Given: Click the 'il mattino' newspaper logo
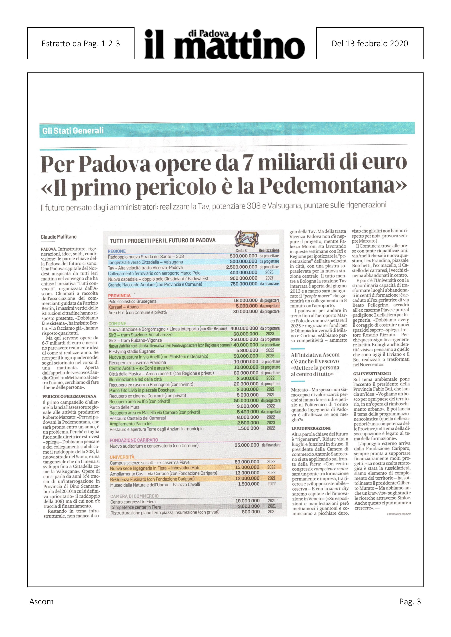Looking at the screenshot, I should [224, 44].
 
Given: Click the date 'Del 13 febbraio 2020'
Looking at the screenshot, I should [370, 44].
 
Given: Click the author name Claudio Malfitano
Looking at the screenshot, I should [59, 237].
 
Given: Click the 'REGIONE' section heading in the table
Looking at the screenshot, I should [117, 251].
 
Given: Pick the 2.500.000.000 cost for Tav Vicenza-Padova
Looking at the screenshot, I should [241, 267].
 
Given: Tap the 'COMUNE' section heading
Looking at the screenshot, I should [117, 324].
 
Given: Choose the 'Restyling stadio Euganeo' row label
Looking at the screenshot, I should [132, 351].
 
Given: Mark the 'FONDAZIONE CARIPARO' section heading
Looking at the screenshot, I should [134, 440].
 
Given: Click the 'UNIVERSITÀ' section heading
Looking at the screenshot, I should [122, 457].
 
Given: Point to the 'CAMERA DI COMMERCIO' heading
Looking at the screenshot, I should [134, 496].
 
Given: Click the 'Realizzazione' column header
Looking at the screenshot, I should [269, 250].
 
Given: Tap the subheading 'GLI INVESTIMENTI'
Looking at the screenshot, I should [368, 374].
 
